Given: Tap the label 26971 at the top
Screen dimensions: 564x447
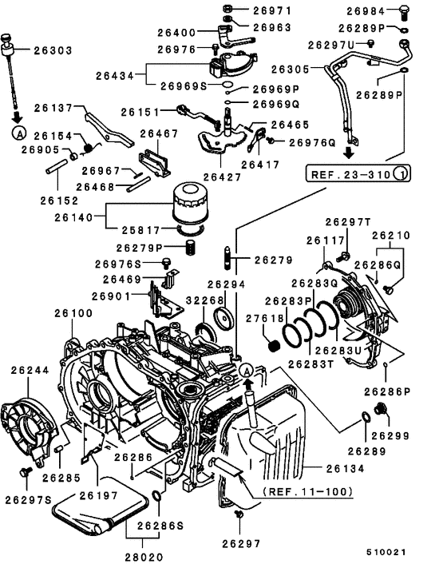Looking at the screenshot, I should [272, 10].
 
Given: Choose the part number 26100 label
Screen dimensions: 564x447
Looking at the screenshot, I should [73, 314].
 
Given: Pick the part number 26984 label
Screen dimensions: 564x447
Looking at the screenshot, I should [368, 10].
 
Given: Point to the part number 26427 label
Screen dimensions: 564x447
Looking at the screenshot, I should [221, 176].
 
